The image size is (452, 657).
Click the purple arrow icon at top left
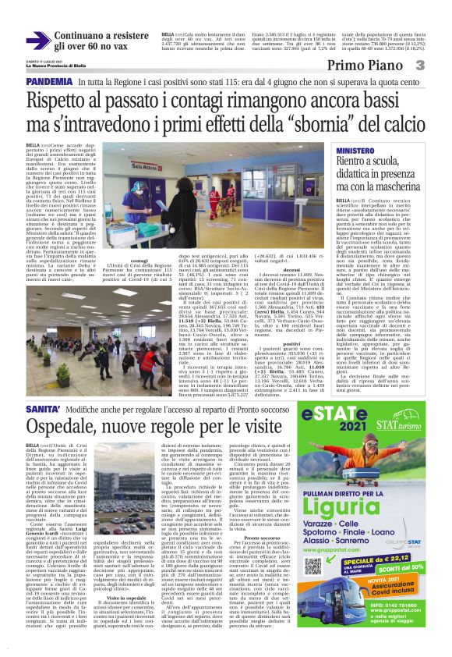(x=37, y=40)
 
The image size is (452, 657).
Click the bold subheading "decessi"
(x=293, y=269)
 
